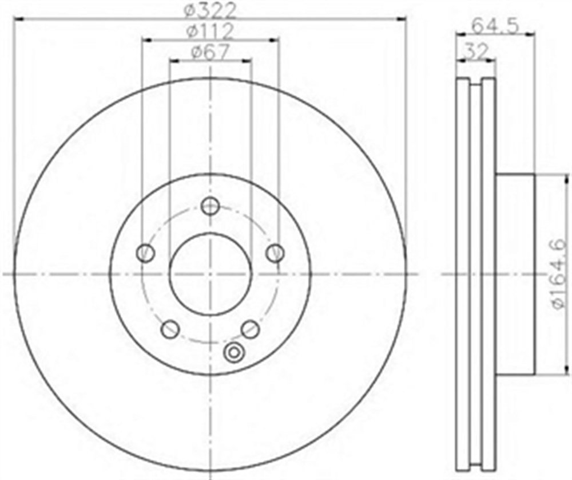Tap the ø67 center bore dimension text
[210, 52]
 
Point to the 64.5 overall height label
[495, 26]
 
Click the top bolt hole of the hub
[210, 206]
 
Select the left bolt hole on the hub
[145, 253]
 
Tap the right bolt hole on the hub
[275, 253]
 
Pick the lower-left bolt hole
[170, 329]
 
